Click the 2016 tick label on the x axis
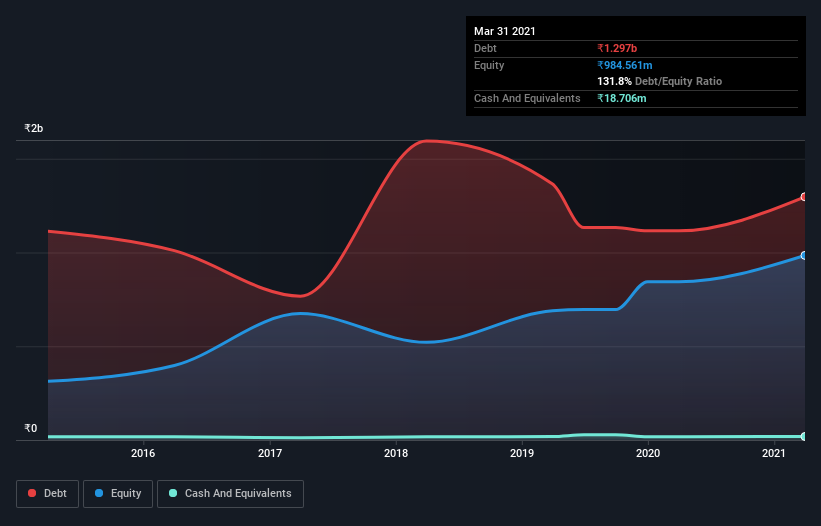click(x=144, y=454)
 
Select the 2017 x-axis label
click(x=270, y=454)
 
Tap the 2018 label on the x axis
click(x=396, y=454)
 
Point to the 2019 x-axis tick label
click(x=522, y=454)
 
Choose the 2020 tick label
click(x=648, y=454)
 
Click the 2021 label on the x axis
click(x=774, y=454)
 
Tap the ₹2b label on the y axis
click(x=34, y=129)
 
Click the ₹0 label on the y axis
click(x=30, y=429)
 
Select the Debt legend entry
click(x=49, y=493)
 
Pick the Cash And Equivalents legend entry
click(x=230, y=493)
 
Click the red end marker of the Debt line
click(x=804, y=197)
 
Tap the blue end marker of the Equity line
click(x=804, y=256)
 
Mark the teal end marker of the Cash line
click(x=804, y=437)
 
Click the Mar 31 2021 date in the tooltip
click(x=505, y=31)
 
